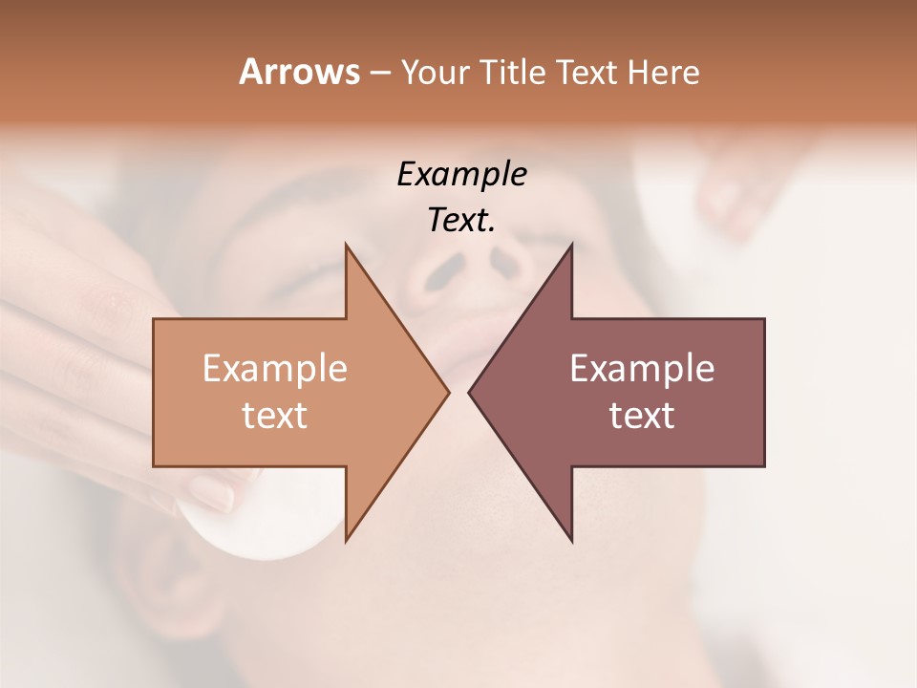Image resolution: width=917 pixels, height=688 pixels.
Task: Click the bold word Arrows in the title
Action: click(298, 72)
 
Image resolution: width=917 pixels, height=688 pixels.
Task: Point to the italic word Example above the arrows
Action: click(461, 174)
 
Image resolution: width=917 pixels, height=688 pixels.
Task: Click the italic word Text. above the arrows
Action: click(461, 221)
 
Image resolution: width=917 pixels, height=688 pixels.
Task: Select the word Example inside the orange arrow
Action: click(275, 369)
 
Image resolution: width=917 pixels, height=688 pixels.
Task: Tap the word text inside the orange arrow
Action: click(275, 416)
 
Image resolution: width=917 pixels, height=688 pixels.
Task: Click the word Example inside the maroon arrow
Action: click(642, 369)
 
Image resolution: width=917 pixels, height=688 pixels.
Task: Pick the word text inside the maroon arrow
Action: click(642, 416)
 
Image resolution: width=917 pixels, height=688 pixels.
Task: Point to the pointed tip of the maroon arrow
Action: click(470, 391)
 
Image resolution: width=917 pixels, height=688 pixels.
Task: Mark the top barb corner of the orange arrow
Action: click(346, 245)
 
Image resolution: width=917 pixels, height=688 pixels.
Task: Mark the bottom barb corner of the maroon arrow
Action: click(571, 541)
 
